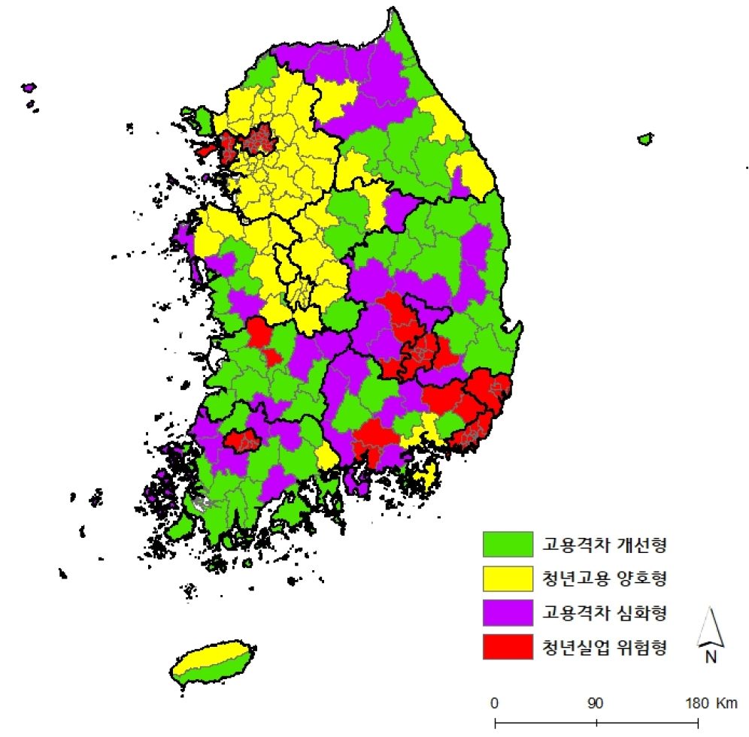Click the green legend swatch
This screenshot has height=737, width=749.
507,543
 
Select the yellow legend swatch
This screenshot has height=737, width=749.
507,578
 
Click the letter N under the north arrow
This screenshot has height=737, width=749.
710,657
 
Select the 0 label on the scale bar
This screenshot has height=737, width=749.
495,703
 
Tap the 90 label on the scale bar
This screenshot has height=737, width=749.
596,703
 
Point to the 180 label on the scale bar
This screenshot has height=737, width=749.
696,703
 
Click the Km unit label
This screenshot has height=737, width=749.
727,703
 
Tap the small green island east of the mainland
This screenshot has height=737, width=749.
644,139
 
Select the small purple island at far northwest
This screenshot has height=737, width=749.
29,88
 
